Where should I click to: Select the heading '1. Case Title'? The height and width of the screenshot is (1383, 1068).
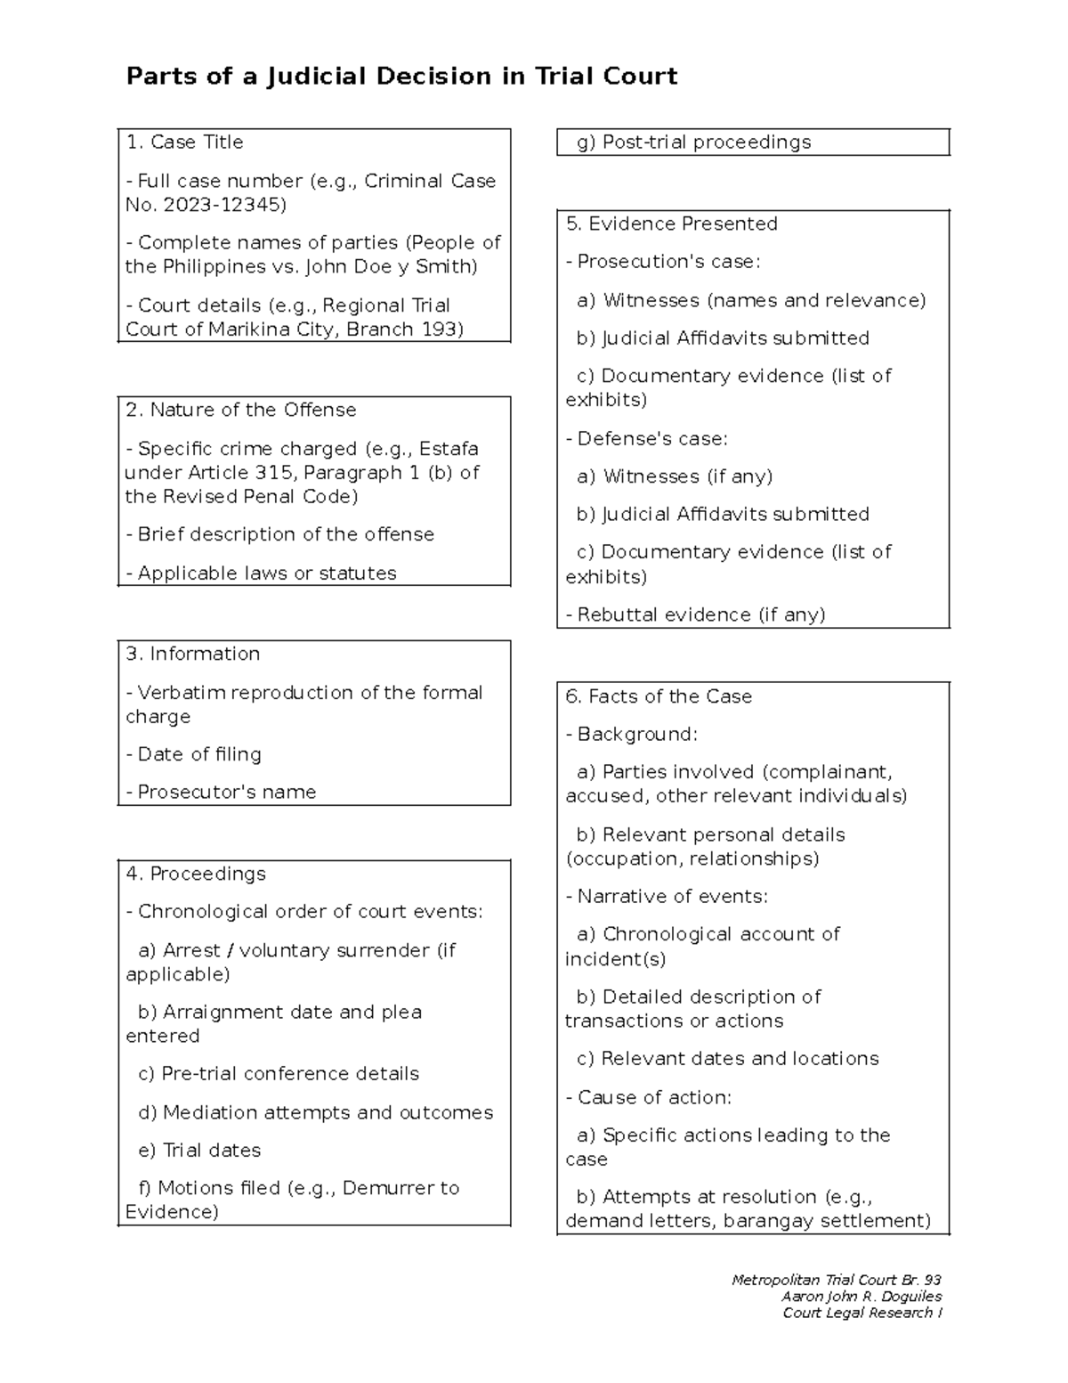coord(184,142)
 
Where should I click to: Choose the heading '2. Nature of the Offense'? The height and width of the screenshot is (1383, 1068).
coord(240,411)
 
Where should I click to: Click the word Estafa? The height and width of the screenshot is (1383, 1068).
coord(449,449)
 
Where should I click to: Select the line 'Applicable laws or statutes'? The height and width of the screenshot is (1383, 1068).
coord(261,574)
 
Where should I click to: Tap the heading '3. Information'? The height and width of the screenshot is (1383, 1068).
coord(193,655)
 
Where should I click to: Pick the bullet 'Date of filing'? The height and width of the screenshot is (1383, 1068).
coord(194,755)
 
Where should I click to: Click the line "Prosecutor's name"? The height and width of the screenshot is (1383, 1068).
coord(221,793)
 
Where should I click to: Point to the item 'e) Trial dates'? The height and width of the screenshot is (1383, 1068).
coord(199,1151)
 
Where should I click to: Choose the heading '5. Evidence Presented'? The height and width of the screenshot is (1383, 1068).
coord(672,224)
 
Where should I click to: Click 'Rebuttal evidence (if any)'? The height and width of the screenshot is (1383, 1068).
coord(696,615)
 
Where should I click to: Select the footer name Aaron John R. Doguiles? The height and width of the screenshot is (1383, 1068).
coord(862,1297)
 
